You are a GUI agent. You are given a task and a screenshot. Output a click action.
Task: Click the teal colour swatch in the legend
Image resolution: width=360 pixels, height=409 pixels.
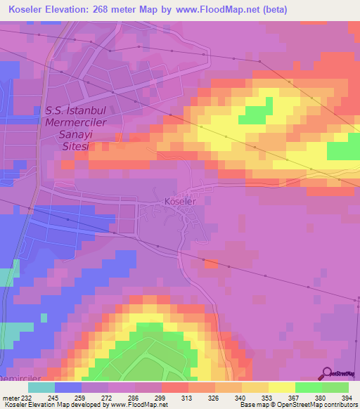pos(41,387)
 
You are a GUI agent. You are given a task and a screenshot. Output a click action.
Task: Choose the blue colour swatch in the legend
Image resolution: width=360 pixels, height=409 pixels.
pos(67,387)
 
